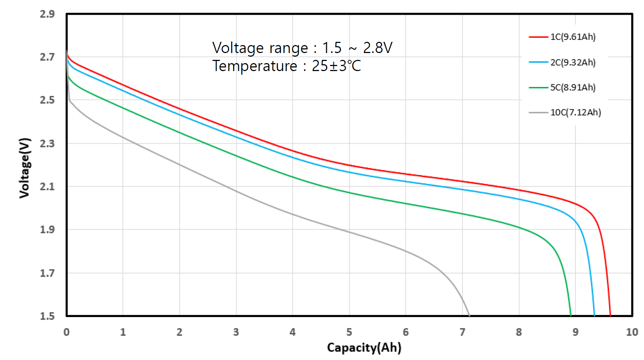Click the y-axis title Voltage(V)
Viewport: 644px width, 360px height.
[x=25, y=168]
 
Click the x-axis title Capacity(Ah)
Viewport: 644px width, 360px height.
[x=364, y=347]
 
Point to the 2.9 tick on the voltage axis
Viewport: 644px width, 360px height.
[x=47, y=14]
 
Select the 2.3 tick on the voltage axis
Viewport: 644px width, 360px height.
[x=47, y=144]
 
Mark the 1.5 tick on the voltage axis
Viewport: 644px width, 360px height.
[x=47, y=316]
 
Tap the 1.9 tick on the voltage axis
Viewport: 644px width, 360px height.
[x=47, y=230]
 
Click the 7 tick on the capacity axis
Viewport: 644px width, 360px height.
[x=462, y=332]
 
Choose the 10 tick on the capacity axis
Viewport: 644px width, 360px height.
[x=632, y=332]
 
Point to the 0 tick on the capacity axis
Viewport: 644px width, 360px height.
[x=66, y=332]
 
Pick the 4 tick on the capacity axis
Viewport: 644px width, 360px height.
[x=293, y=332]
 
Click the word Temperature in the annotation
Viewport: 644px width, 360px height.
[x=255, y=66]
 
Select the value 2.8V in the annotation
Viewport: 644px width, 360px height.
[x=378, y=48]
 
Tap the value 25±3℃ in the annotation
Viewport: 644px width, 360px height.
[x=336, y=66]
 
